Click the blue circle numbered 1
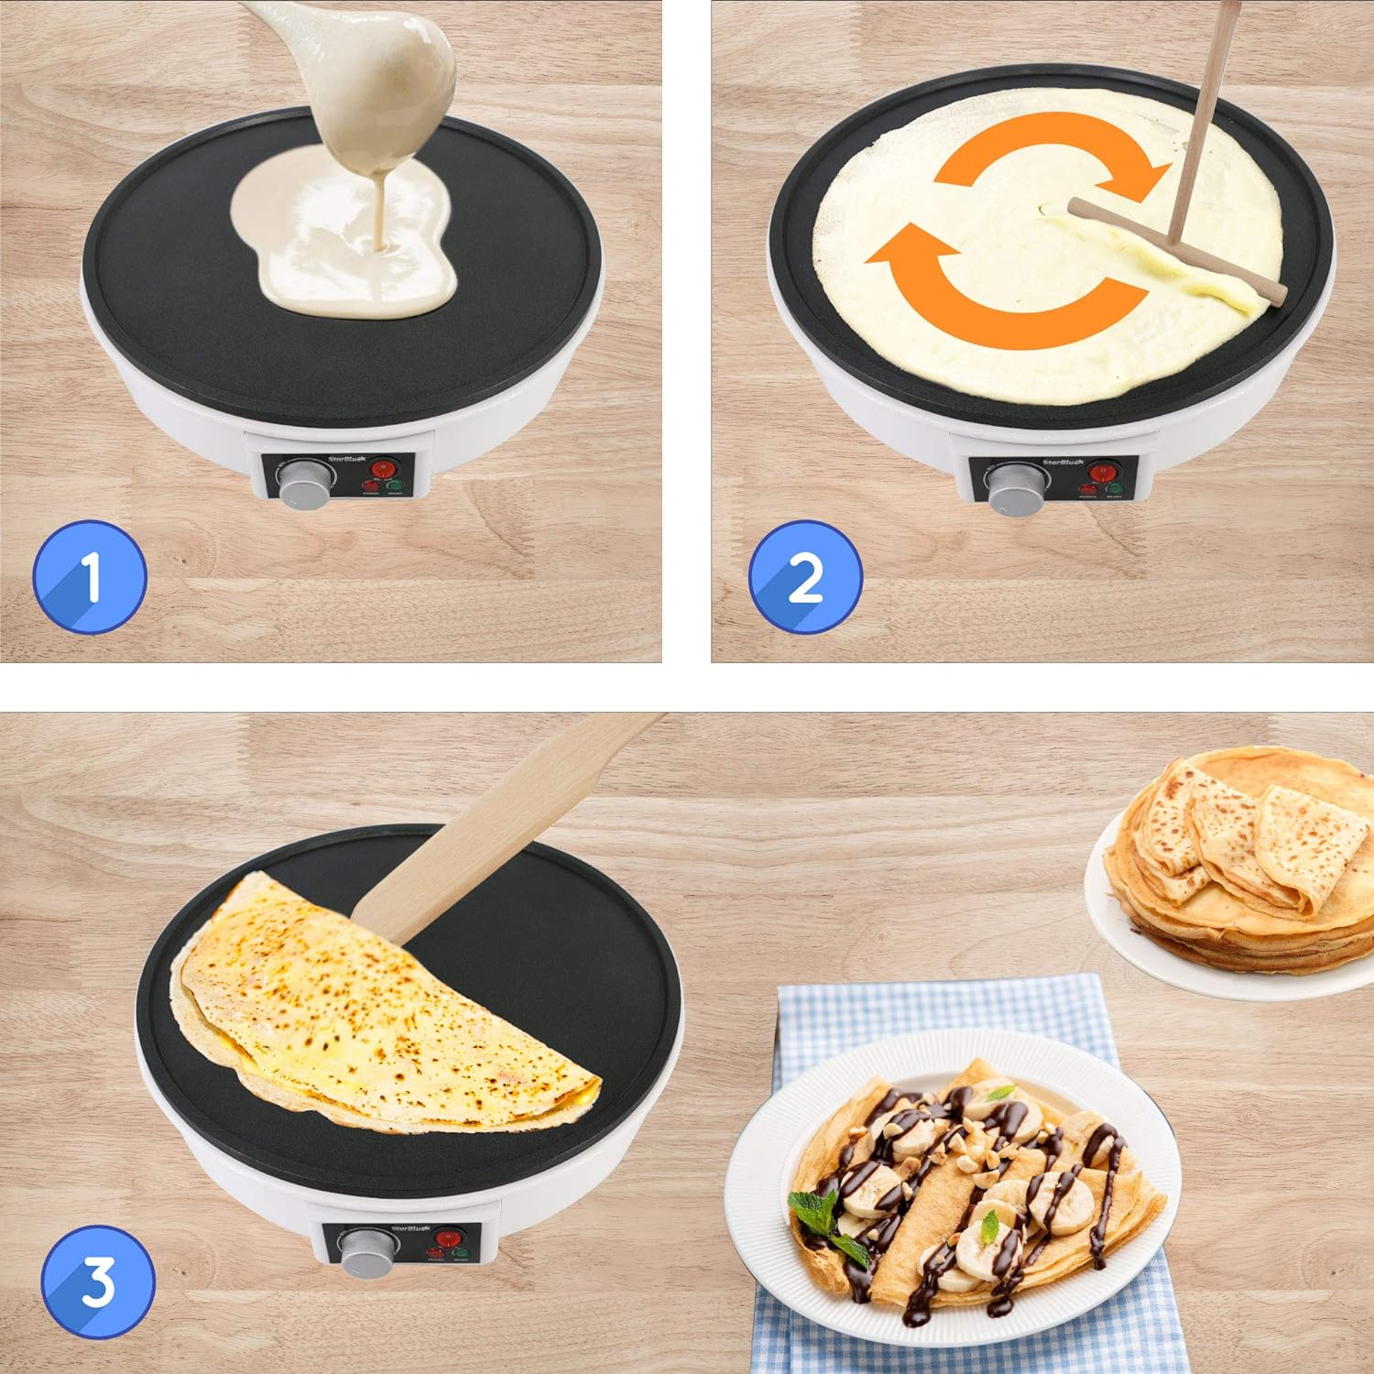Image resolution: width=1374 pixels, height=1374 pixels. coord(90,577)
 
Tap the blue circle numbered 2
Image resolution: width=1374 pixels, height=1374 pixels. coord(805,577)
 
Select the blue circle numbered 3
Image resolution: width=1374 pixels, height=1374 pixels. coord(98,1282)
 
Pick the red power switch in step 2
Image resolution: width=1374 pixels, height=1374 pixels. coord(1107,470)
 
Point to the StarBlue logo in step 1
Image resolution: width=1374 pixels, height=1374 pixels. coord(346,462)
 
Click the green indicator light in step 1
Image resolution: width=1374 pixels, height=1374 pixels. coord(395,487)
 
